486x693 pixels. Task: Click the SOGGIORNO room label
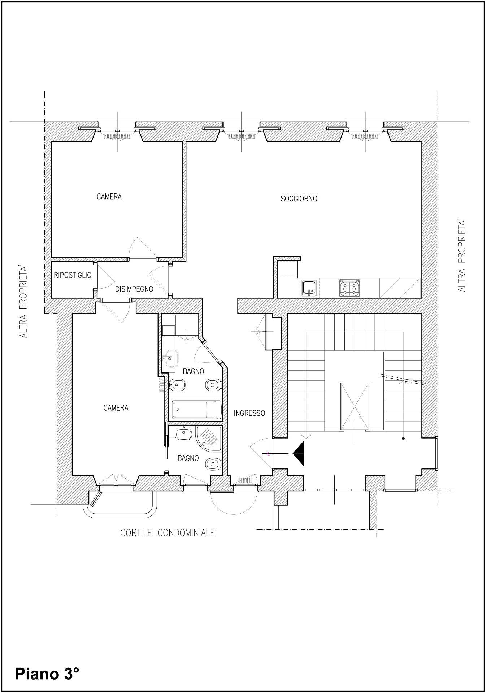[x=299, y=199]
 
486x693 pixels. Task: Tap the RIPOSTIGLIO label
[x=73, y=275]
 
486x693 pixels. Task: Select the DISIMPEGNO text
[x=134, y=289]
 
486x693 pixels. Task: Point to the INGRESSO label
[x=249, y=413]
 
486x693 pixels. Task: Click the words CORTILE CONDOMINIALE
[x=168, y=533]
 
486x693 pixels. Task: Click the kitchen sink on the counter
[x=309, y=288]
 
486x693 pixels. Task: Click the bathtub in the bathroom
[x=195, y=410]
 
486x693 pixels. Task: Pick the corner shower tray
[x=208, y=438]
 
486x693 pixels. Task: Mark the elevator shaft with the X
[x=355, y=406]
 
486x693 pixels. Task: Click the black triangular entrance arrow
[x=299, y=453]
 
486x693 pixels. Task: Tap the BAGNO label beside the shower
[x=188, y=458]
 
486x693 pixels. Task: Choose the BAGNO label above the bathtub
[x=193, y=371]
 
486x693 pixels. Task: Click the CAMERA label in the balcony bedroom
[x=116, y=408]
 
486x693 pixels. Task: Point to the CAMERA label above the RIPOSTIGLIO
[x=109, y=197]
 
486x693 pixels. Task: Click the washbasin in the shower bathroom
[x=183, y=433]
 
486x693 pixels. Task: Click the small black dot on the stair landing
[x=403, y=439]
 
